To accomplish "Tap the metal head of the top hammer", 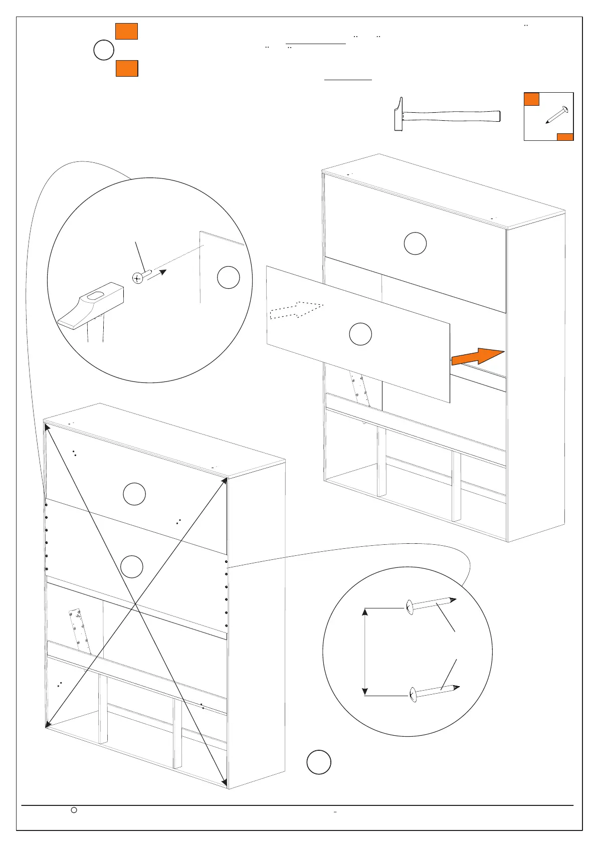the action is (399, 114).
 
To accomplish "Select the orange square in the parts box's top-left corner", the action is (531, 99).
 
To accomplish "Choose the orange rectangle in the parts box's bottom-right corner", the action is (565, 137).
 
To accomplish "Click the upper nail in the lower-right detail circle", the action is (431, 604).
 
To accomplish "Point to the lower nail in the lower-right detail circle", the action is (434, 692).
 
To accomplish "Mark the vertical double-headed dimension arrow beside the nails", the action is (365, 652).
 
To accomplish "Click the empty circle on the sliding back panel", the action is (360, 334).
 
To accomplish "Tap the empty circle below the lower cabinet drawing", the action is (319, 762).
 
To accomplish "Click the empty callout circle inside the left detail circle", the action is (229, 278).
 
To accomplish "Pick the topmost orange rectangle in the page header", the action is (126, 31).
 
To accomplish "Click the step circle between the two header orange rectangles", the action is (104, 51).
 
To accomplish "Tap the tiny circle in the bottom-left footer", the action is (74, 809).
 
